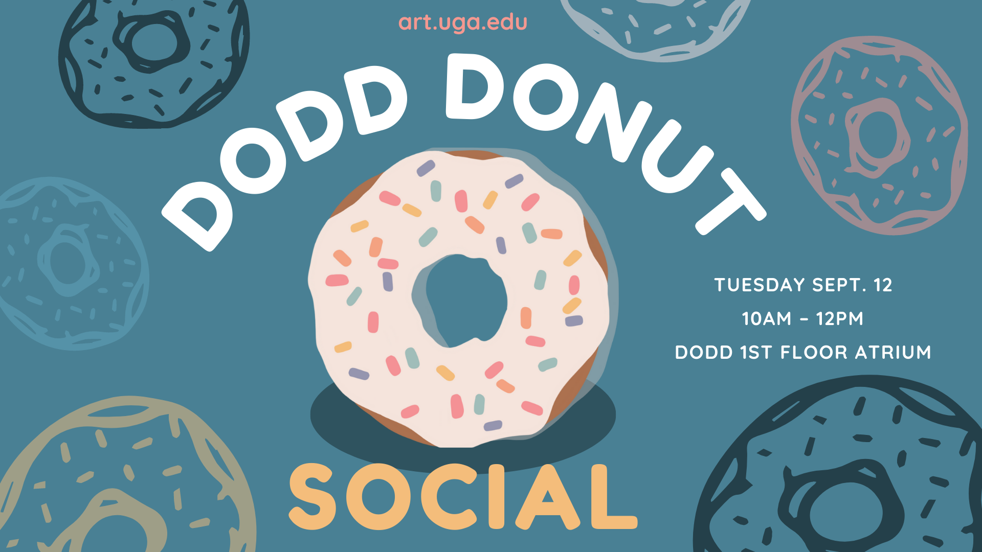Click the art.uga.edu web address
462,23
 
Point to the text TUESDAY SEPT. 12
803,285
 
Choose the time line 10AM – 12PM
802,318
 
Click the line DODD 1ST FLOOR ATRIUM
803,352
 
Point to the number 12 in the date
883,285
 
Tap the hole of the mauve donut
878,135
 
